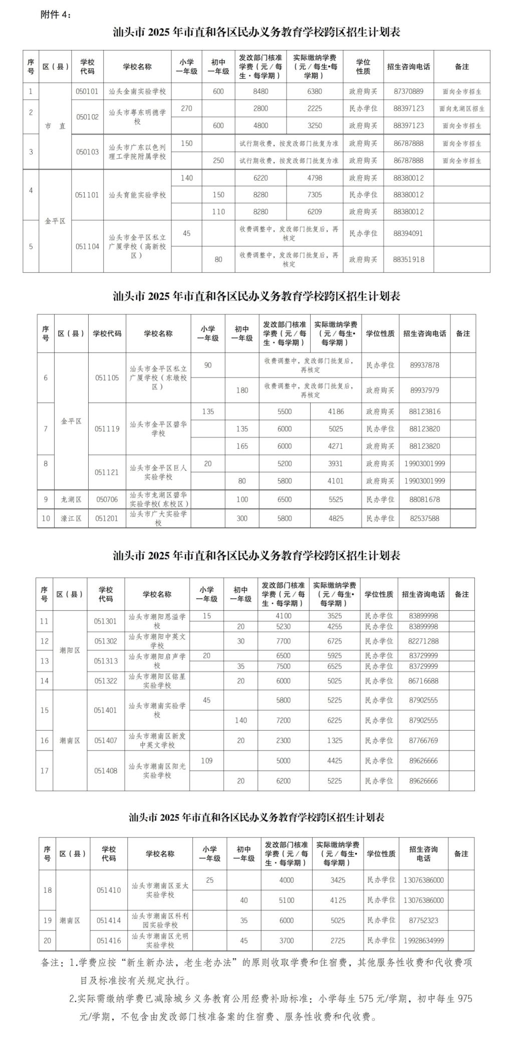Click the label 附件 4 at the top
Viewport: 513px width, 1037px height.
pyautogui.click(x=56, y=15)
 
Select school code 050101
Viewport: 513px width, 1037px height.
pyautogui.click(x=87, y=92)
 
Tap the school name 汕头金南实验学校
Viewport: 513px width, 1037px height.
pyautogui.click(x=137, y=92)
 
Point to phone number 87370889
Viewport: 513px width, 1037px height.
pyautogui.click(x=408, y=92)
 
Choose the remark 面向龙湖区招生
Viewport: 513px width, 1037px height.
pyautogui.click(x=461, y=109)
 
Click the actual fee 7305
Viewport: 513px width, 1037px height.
pyautogui.click(x=315, y=195)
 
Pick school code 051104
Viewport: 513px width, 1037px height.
pyautogui.click(x=87, y=246)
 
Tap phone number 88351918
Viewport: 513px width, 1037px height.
pyautogui.click(x=408, y=259)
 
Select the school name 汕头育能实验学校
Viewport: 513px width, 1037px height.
pyautogui.click(x=137, y=195)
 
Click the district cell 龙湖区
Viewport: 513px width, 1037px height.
pyautogui.click(x=71, y=499)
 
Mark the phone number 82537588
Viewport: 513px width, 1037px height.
pyautogui.click(x=424, y=518)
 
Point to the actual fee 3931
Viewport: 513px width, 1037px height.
pyautogui.click(x=335, y=464)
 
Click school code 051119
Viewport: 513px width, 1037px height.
pyautogui.click(x=107, y=429)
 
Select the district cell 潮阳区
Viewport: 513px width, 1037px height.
pyautogui.click(x=70, y=650)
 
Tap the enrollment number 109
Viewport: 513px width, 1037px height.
pyautogui.click(x=206, y=760)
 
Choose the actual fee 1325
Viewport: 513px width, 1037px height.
pyautogui.click(x=334, y=740)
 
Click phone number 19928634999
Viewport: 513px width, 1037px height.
pyautogui.click(x=423, y=940)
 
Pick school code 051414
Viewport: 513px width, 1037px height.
pyautogui.click(x=109, y=920)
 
